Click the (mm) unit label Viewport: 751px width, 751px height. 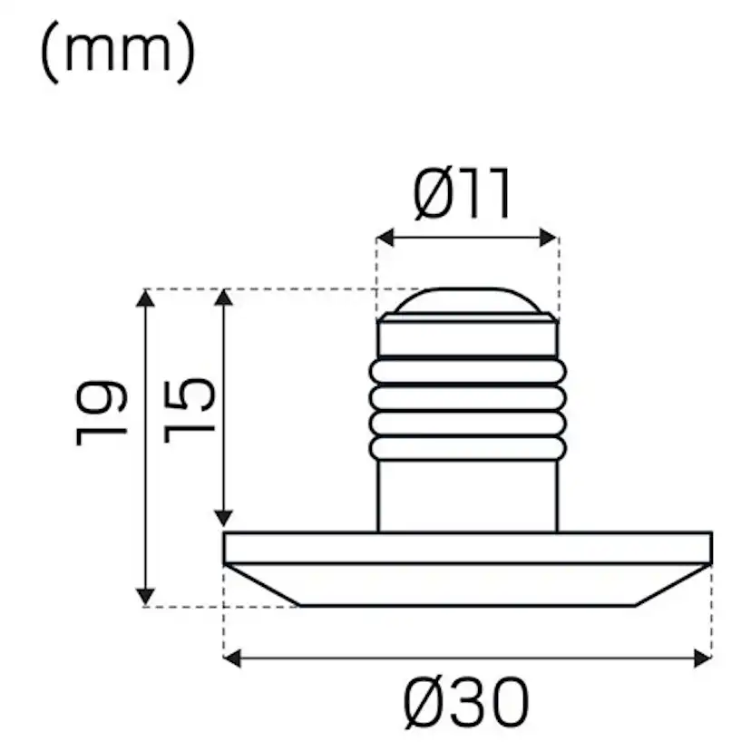point(118,54)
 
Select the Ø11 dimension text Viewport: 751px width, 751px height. point(463,194)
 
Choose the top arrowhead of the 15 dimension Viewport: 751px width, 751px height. point(223,299)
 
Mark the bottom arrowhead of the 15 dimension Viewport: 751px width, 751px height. point(223,516)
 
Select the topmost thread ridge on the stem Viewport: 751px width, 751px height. point(467,370)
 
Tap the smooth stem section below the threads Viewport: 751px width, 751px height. point(467,494)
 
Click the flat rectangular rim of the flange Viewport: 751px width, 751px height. point(467,548)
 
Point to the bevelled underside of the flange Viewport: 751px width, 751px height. point(467,584)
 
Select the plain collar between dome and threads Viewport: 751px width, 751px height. point(467,337)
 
